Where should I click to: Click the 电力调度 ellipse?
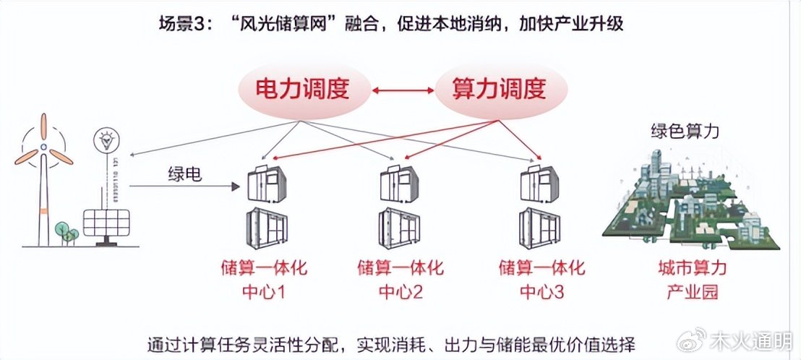302,90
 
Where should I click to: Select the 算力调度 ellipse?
498,90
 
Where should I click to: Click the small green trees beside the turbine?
67,231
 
